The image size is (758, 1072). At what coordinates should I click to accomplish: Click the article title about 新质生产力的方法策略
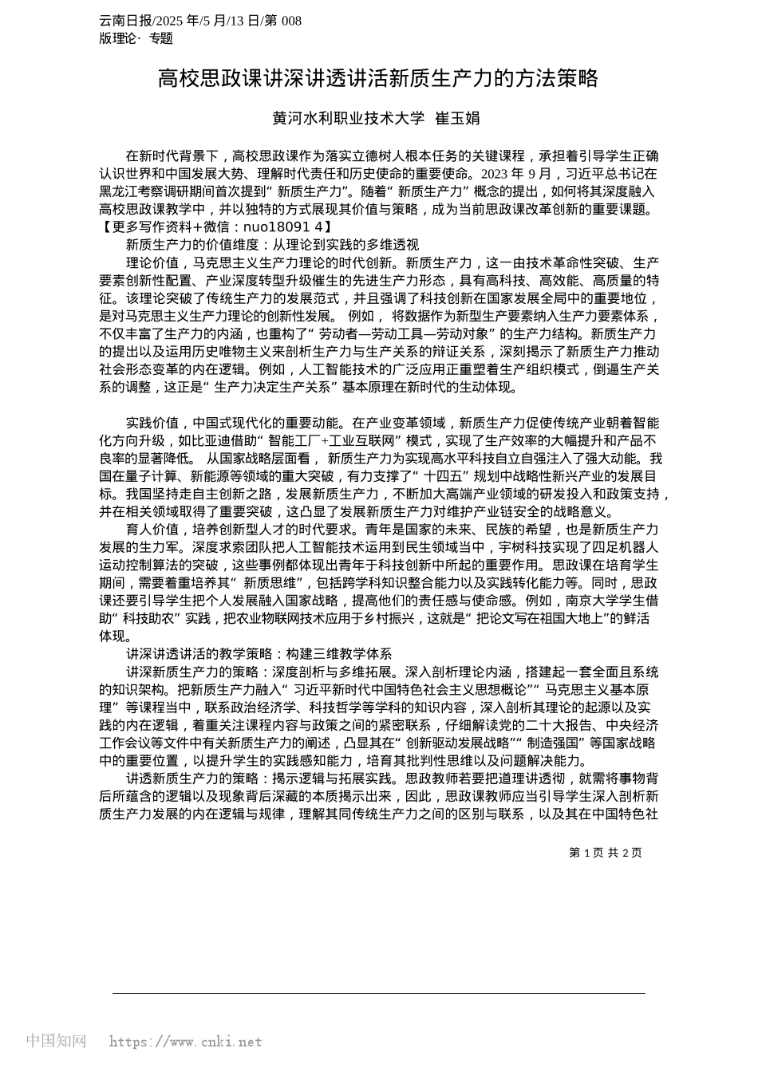[377, 78]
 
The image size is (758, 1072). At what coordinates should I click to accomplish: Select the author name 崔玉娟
[457, 118]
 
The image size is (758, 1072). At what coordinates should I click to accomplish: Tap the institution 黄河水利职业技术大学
[348, 118]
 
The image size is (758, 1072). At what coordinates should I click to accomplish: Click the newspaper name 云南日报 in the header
[122, 21]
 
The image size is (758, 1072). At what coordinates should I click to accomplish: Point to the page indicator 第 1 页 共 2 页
[606, 853]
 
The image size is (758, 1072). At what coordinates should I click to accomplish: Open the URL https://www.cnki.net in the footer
[185, 1042]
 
